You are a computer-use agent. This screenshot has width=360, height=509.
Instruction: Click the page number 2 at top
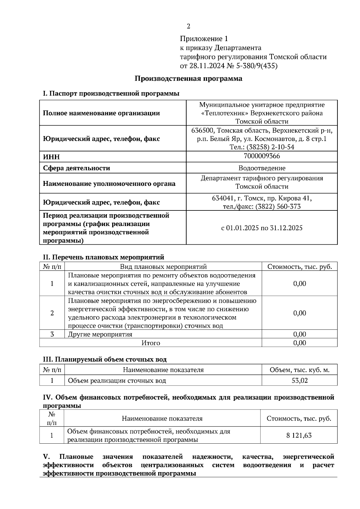point(188,26)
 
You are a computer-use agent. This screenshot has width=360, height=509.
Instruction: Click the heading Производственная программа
point(188,79)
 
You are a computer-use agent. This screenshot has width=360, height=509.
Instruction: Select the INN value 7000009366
point(262,156)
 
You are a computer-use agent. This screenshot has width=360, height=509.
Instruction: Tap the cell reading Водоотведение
point(262,168)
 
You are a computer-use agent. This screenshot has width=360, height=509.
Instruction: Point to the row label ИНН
point(51,157)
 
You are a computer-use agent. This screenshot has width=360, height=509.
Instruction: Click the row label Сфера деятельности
point(76,168)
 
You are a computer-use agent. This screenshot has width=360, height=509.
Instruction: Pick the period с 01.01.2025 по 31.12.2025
point(262,228)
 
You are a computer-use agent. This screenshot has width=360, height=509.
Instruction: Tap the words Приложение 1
point(204,39)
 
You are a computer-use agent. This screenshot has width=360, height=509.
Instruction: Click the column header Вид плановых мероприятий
point(163,266)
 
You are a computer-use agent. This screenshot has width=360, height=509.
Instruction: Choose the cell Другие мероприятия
point(100,334)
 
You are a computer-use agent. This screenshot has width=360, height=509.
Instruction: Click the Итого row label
point(151,343)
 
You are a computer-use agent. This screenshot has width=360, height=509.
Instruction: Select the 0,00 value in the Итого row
point(299,343)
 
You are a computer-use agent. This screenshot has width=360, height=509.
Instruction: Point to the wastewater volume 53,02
point(299,381)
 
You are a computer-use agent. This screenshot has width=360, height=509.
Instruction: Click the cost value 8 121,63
point(299,435)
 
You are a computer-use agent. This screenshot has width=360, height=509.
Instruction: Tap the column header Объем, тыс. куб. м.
point(299,370)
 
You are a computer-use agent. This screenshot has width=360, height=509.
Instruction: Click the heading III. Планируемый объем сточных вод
point(105,359)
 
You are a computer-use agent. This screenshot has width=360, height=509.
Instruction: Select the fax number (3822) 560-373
point(278,206)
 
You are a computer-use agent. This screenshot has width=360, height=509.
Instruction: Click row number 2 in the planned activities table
point(52,313)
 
